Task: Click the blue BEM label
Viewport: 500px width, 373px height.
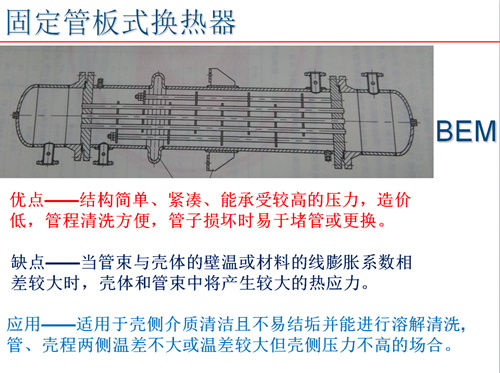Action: [x=466, y=131]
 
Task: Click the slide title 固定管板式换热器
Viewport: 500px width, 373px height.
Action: [x=121, y=22]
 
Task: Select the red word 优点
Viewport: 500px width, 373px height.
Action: [x=27, y=200]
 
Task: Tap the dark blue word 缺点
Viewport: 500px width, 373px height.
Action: [x=28, y=262]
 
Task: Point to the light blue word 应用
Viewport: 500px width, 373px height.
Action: [x=23, y=324]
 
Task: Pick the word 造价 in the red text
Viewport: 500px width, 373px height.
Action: [x=394, y=200]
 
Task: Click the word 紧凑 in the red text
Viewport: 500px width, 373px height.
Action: [x=185, y=200]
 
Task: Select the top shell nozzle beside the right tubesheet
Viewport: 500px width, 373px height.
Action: [x=316, y=82]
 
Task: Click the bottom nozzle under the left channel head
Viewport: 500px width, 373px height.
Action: [x=48, y=154]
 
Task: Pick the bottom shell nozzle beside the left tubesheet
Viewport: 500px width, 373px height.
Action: [x=103, y=154]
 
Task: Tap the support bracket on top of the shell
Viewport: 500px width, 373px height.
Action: [x=220, y=77]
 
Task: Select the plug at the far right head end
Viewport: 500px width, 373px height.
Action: [x=413, y=122]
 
